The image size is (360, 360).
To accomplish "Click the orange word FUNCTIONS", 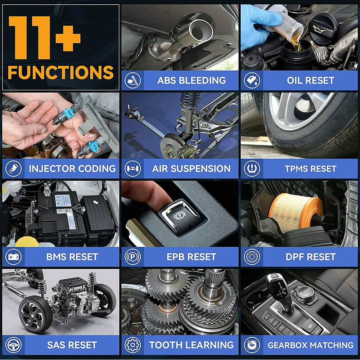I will tap(60, 72).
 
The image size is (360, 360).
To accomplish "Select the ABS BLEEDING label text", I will tap(191, 80).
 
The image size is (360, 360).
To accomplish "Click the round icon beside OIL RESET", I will tap(252, 80).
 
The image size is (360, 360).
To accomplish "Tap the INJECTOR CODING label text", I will tap(72, 168).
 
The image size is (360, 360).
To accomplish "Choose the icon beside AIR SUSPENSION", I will tap(132, 168).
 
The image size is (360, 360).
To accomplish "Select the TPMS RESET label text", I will tap(310, 168).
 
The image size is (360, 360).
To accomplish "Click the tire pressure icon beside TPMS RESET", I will tap(252, 168).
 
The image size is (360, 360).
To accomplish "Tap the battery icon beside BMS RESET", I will tap(13, 257).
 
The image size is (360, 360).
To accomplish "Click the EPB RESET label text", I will tap(191, 257).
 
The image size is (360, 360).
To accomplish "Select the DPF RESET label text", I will tap(310, 257).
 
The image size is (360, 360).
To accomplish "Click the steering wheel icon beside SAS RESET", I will tap(13, 345).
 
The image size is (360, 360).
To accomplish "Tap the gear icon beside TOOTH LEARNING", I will tap(132, 345).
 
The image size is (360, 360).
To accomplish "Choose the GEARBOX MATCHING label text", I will tap(310, 345).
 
